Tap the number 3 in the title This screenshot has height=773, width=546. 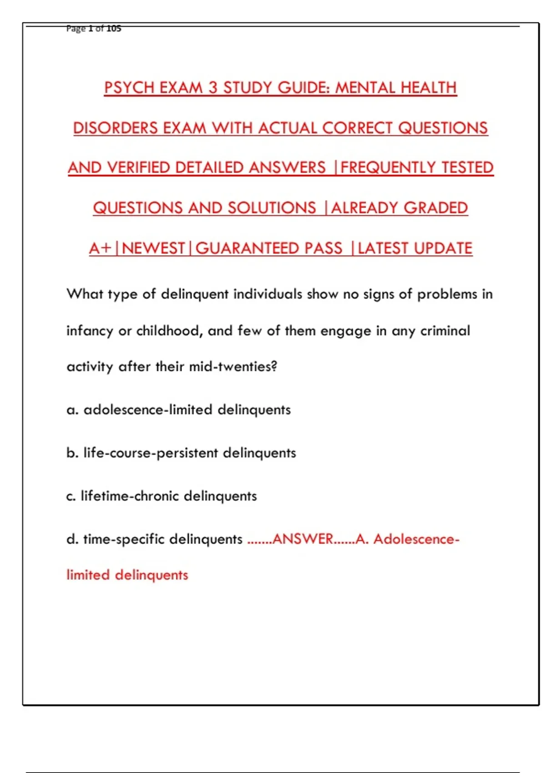(x=213, y=88)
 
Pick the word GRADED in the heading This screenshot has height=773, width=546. (x=435, y=208)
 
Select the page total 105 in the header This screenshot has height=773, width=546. (x=114, y=29)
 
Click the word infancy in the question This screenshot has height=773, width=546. (x=90, y=331)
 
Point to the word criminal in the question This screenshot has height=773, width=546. (x=445, y=331)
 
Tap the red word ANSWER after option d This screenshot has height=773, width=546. (x=303, y=539)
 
